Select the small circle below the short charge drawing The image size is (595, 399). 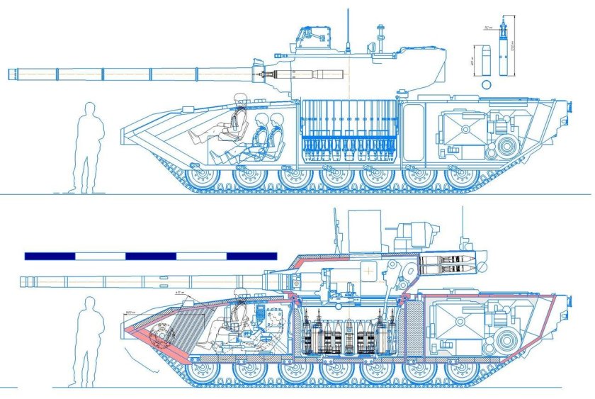pyautogui.click(x=485, y=84)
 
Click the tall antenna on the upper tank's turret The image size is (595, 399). pyautogui.click(x=347, y=28)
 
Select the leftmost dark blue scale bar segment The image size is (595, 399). pyautogui.click(x=49, y=255)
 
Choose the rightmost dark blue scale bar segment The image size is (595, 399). pyautogui.click(x=251, y=255)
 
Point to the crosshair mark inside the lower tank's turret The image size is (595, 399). pyautogui.click(x=368, y=270)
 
